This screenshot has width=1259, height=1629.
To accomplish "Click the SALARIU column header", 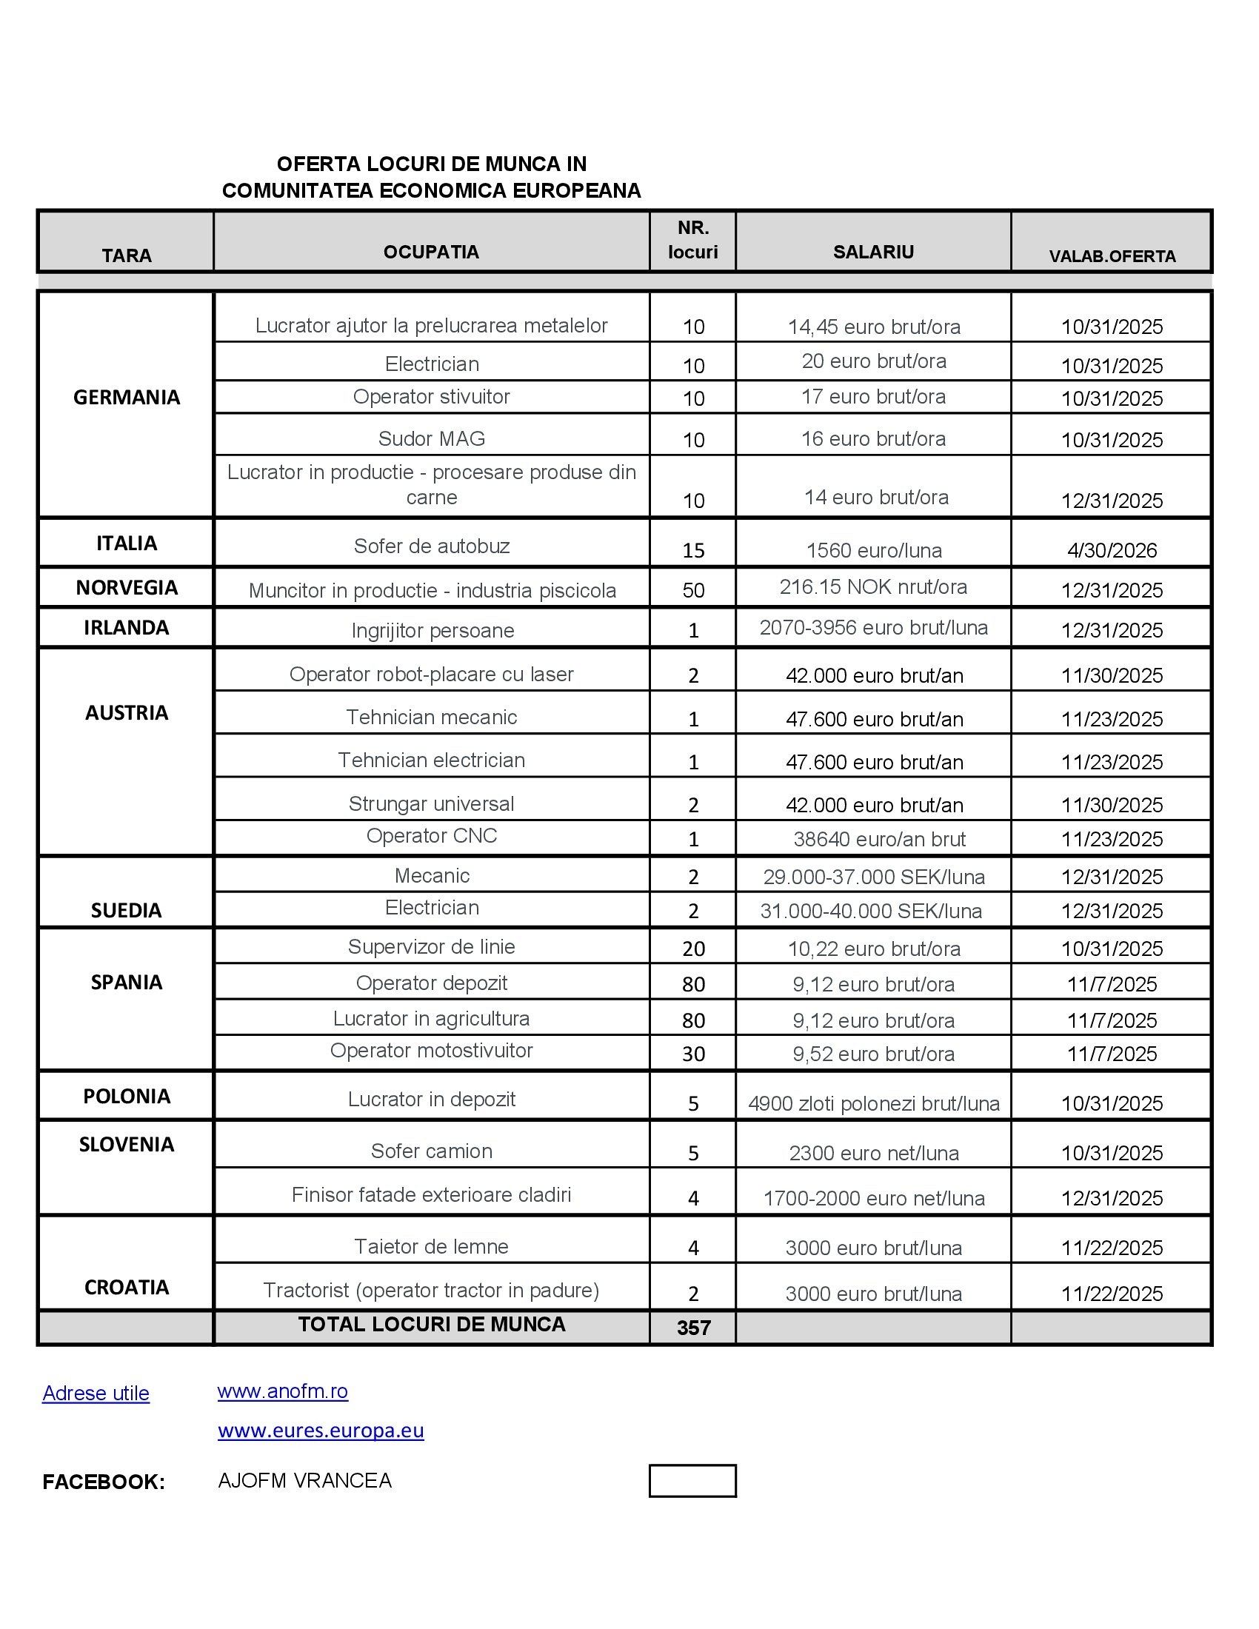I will tap(872, 252).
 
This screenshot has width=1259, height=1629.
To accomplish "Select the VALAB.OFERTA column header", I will tap(1112, 257).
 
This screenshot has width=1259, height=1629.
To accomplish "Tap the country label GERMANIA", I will tap(126, 398).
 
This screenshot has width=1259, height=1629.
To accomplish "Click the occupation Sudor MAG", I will tap(431, 438).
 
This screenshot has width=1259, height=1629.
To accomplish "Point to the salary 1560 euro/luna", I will tap(873, 550).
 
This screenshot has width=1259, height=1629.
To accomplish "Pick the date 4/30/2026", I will tap(1112, 550).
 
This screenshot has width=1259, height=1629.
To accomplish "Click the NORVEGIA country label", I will tap(126, 588).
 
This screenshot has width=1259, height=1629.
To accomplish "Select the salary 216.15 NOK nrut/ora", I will tap(872, 587).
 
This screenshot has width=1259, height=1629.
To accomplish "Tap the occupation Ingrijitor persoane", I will tap(433, 630).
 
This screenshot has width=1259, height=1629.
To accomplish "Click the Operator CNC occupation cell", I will tap(431, 835).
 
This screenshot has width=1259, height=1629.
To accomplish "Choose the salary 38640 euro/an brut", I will tap(878, 839).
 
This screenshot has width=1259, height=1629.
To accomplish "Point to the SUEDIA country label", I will tap(126, 910).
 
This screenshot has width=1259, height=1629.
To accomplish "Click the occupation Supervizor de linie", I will tap(431, 946).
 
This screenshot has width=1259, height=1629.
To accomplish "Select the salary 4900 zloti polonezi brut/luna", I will tap(873, 1103).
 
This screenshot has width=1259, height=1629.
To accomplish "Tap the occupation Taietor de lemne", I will tap(431, 1246).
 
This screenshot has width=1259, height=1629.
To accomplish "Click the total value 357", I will tap(693, 1328).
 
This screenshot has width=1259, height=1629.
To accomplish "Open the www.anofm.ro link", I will tap(283, 1391).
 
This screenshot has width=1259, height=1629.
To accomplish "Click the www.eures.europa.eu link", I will tap(321, 1430).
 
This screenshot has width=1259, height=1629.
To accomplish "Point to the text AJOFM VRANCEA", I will tap(304, 1481).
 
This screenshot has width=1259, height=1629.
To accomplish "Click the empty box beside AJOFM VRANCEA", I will tap(692, 1481).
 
